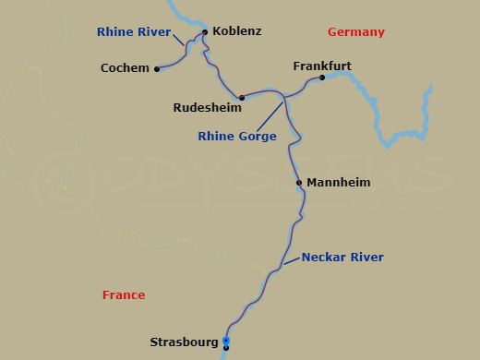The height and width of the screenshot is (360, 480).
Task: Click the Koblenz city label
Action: coord(236,31)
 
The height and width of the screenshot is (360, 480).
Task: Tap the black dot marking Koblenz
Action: coord(204,31)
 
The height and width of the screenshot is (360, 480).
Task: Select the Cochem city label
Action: coord(125,68)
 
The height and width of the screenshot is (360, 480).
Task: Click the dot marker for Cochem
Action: coord(157,69)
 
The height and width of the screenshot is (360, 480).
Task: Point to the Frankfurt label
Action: coord(322,66)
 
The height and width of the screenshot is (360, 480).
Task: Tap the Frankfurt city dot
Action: coord(322,78)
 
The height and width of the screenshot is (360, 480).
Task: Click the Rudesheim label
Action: coord(207,108)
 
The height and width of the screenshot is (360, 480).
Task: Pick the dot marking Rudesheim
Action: coord(241,98)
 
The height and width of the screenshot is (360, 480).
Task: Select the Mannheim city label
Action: coord(338,183)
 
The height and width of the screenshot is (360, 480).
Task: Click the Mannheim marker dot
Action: coord(299,183)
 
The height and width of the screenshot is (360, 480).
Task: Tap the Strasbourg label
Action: coord(183,342)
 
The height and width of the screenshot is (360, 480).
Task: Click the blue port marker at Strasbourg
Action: coord(225,342)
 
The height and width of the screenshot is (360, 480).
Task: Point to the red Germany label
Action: coord(355,32)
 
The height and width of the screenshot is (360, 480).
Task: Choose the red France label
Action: coord(124,295)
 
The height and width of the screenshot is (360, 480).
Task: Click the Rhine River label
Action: coord(134,32)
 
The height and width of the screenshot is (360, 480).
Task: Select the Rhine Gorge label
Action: coord(237,137)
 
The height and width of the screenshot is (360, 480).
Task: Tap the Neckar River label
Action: coord(342,258)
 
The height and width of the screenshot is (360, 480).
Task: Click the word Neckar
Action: coord(322,258)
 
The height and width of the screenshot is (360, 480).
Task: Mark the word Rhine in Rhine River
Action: coord(114,32)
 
